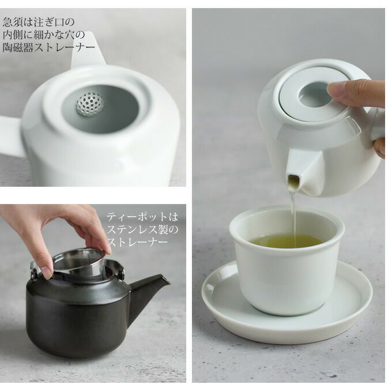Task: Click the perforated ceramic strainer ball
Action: tap(90, 104)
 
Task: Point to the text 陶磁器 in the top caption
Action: tap(17, 47)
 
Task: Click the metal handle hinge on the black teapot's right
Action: tap(121, 273)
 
